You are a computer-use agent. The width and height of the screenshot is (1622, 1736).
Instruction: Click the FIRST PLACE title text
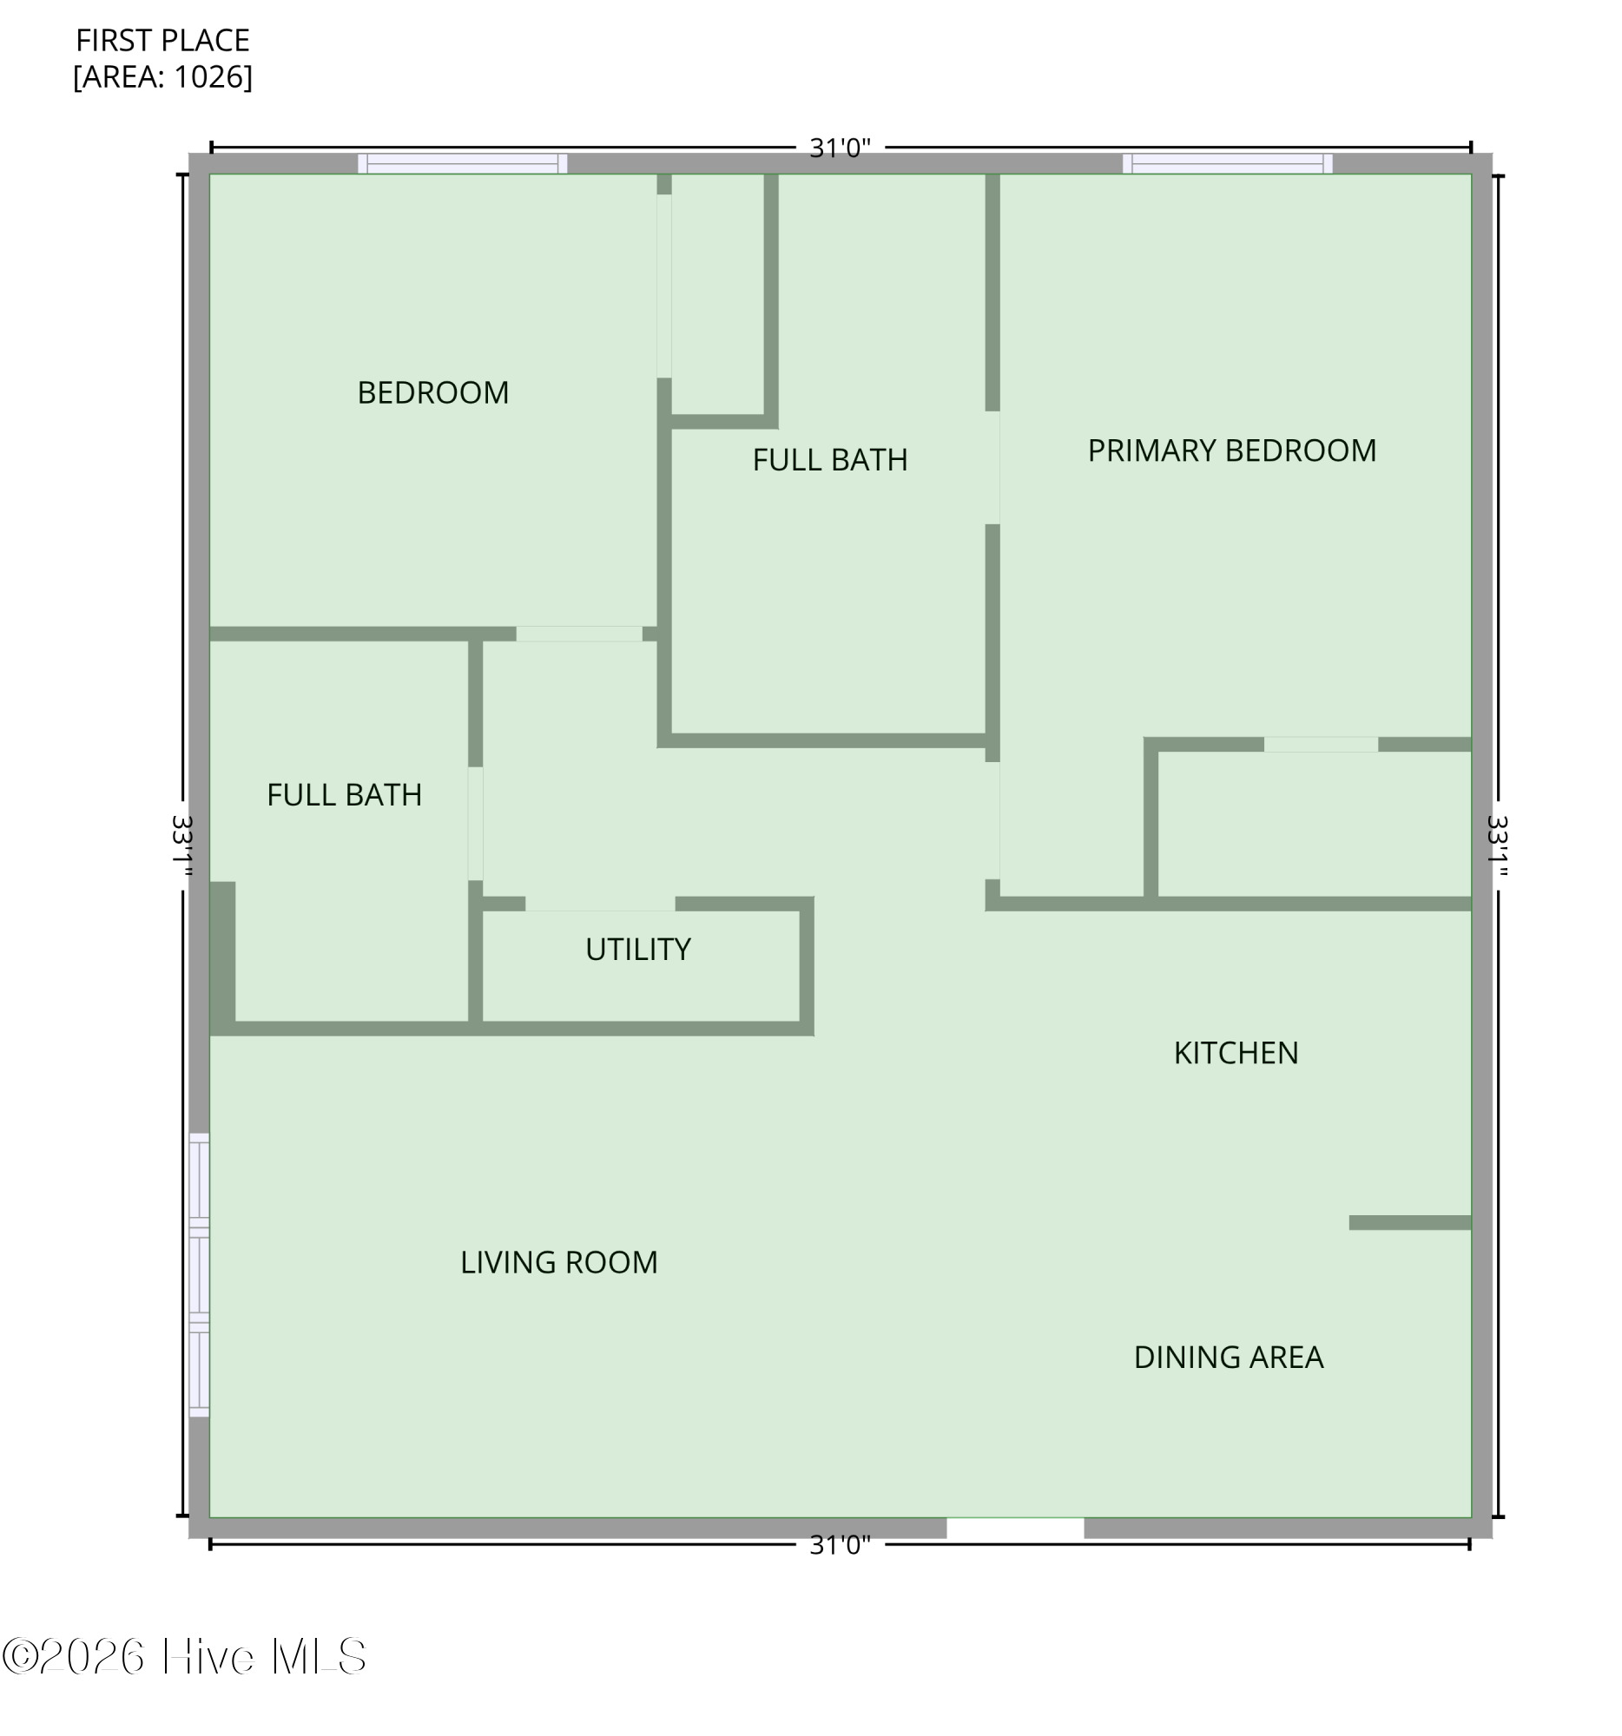click(x=162, y=40)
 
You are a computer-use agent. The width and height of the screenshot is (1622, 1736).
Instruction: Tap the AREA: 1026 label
click(x=162, y=77)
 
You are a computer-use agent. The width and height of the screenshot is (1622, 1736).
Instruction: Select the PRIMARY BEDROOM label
click(x=1230, y=450)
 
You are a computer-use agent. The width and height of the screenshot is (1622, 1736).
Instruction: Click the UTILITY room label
click(x=637, y=950)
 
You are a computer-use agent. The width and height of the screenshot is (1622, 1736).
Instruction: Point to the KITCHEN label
click(x=1235, y=1053)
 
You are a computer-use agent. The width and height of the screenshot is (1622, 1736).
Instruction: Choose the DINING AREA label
click(x=1227, y=1357)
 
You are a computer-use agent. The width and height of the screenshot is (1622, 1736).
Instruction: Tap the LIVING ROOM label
click(x=558, y=1263)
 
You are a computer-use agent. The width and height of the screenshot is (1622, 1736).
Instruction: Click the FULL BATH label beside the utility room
click(x=344, y=794)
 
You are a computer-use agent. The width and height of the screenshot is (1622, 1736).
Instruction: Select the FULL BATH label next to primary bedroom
click(x=829, y=459)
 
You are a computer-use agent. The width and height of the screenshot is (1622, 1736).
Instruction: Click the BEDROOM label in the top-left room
click(x=432, y=393)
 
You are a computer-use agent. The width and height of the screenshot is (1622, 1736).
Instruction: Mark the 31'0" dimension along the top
click(x=839, y=148)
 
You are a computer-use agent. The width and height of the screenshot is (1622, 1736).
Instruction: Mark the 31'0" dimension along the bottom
click(x=839, y=1545)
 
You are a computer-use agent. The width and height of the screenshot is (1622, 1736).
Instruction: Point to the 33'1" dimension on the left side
click(x=181, y=845)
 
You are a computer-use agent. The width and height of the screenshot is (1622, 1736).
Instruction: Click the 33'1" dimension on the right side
click(x=1496, y=845)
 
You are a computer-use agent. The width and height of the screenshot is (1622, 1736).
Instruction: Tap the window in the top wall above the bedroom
click(x=462, y=163)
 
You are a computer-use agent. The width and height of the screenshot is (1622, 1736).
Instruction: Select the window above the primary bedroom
click(x=1226, y=163)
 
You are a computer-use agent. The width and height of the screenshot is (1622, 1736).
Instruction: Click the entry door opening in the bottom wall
click(x=1014, y=1529)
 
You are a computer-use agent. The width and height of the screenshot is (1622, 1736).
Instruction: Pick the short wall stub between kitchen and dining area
click(x=1409, y=1222)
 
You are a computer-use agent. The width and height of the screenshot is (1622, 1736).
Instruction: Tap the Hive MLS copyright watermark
click(x=184, y=1656)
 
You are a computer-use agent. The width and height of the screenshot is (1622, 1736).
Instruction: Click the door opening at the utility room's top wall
click(x=599, y=904)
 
